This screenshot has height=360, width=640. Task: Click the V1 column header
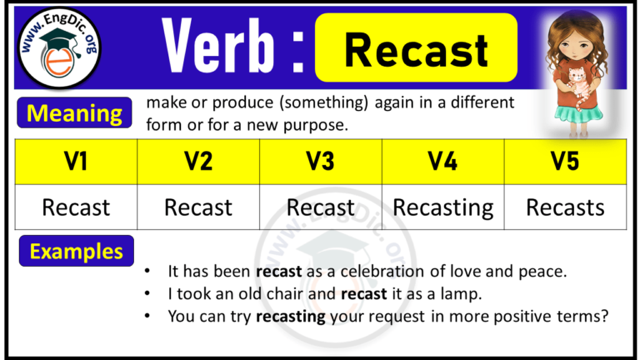click(x=76, y=162)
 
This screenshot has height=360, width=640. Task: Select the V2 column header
click(x=198, y=162)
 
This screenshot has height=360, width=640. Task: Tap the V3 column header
click(x=321, y=162)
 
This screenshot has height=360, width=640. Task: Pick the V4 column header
click(x=442, y=162)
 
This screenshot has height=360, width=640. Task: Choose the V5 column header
click(x=565, y=162)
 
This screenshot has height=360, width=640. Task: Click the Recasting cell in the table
click(x=442, y=207)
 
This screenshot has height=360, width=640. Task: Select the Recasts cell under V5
click(x=565, y=207)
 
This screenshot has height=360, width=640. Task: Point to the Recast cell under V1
click(x=76, y=207)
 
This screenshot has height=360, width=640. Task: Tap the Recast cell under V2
click(x=198, y=207)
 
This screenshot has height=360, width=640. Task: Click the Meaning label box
click(x=73, y=113)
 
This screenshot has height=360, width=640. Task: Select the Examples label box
click(x=76, y=251)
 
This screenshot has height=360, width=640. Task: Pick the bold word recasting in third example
click(x=291, y=317)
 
